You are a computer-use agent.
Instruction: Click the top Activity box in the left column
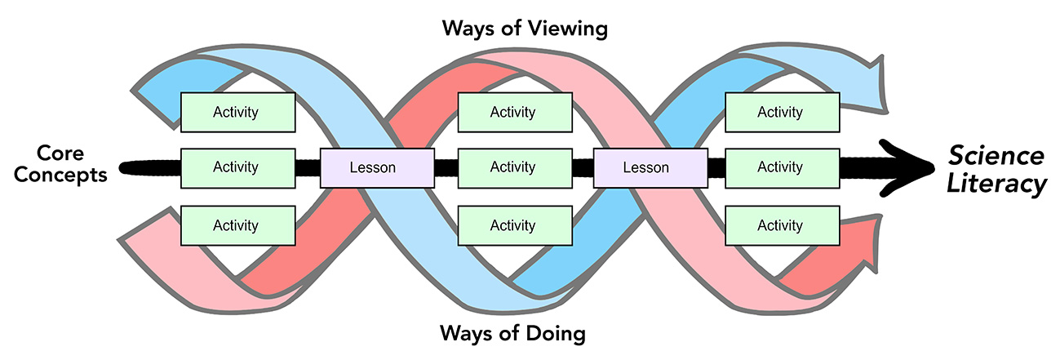[237, 113]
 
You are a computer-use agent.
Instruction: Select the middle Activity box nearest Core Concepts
[237, 167]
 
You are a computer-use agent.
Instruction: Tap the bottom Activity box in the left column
[237, 225]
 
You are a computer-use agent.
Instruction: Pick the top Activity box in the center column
[513, 113]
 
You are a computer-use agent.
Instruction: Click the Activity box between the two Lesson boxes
[513, 167]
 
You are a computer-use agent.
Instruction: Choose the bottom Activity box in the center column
[513, 225]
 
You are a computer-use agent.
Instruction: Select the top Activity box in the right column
[781, 113]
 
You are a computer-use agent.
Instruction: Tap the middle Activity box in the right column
[781, 167]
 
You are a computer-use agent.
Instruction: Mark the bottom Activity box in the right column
[781, 225]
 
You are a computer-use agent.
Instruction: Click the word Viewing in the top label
[566, 29]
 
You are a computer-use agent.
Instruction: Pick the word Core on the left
[63, 153]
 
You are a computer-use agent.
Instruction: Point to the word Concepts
[62, 176]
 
